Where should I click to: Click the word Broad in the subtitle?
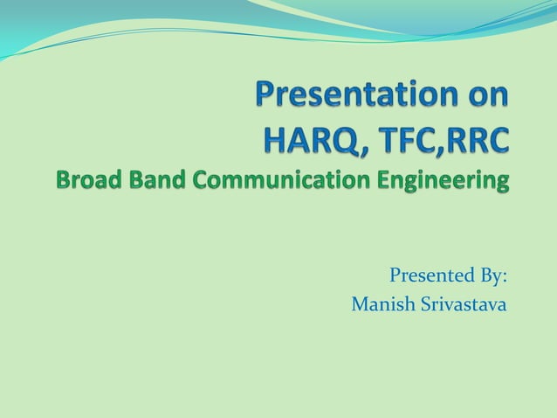click(x=85, y=181)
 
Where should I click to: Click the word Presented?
click(x=426, y=276)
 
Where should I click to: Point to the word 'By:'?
click(x=489, y=276)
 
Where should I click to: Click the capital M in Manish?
click(x=358, y=305)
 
